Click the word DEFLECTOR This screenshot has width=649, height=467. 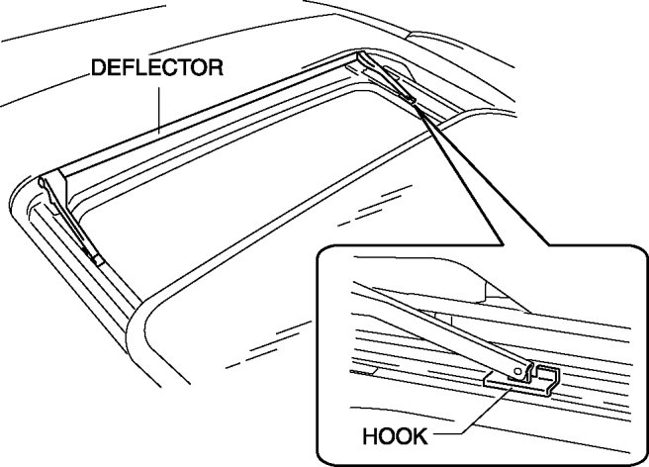[156, 68]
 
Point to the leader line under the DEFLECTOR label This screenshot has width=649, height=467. [157, 104]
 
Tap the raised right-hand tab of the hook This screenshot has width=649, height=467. [553, 376]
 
